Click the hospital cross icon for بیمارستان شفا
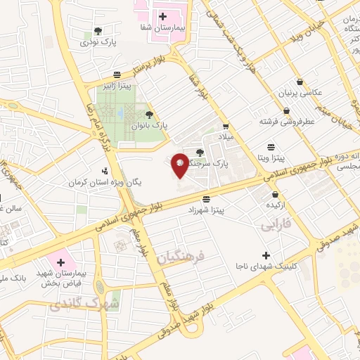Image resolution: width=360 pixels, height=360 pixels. click(162, 15)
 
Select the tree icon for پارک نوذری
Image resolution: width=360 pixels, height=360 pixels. click(97, 32)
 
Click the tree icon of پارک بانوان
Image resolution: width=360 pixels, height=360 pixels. click(148, 115)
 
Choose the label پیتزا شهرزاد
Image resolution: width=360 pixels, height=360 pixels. click(205, 210)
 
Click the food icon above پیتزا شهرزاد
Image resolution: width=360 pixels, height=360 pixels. click(205, 198)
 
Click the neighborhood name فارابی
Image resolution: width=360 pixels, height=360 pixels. click(275, 226)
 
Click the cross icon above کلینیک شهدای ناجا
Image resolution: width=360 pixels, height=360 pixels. click(265, 255)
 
